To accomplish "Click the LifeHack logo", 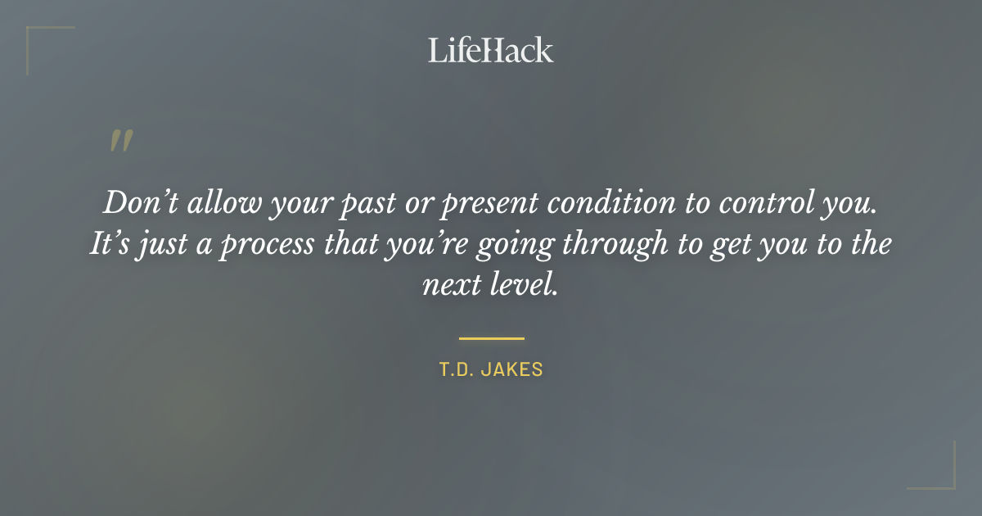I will point(490,50).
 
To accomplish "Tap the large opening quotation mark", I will point(120,142).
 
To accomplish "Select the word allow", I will point(218,203).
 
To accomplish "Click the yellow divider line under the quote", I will point(491,337).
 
